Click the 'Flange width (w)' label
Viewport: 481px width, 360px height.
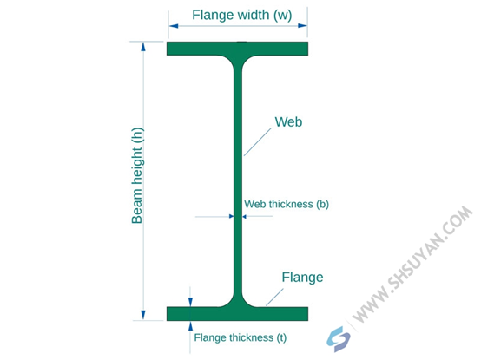tap(241, 15)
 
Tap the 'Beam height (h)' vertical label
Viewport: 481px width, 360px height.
tap(137, 175)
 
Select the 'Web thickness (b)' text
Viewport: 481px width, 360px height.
tap(287, 204)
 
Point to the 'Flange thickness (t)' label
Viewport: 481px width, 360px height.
tap(240, 337)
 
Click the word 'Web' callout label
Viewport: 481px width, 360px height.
tap(288, 121)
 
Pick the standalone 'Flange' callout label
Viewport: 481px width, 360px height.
tap(302, 278)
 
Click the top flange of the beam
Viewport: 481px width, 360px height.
tap(237, 49)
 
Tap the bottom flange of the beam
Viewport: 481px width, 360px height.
tap(237, 314)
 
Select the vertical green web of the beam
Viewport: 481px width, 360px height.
tap(238, 180)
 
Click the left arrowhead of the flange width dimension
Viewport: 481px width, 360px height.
tap(174, 26)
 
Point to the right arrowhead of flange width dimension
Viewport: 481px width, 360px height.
tap(302, 26)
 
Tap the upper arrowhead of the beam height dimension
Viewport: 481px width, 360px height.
tap(143, 46)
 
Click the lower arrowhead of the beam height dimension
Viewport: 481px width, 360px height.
tap(143, 315)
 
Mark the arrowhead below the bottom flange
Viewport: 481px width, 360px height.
tap(190, 325)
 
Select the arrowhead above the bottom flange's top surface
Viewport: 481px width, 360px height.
tap(190, 302)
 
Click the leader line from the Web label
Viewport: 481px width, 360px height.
tap(258, 142)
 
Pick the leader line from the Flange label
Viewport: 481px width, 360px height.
tap(274, 298)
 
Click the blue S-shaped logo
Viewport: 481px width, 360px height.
tap(339, 339)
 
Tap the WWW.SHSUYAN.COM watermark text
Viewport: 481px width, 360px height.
tap(412, 265)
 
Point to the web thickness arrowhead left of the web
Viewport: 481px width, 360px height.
tap(231, 216)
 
